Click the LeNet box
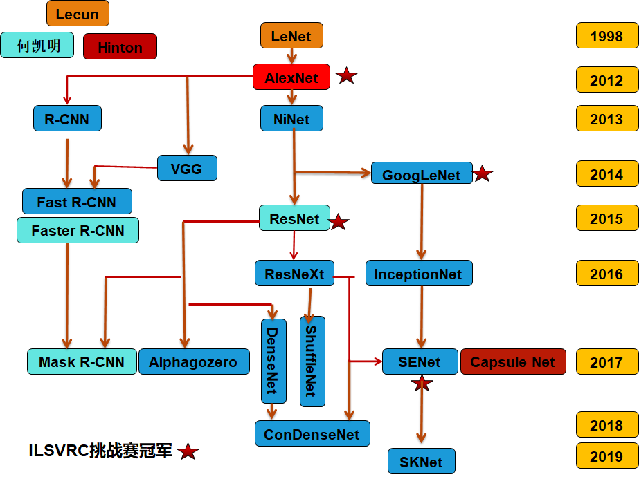[291, 36]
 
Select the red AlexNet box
[291, 78]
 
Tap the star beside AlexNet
[346, 76]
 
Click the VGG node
[187, 168]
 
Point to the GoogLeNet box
[421, 175]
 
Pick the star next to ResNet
[338, 222]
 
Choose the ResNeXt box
[294, 274]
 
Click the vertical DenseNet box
[273, 360]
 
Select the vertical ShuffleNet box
[312, 360]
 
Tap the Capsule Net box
[512, 361]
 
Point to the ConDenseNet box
[312, 434]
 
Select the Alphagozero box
[193, 361]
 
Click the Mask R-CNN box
[82, 361]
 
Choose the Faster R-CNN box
[78, 231]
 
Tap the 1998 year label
[606, 36]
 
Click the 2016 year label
[606, 274]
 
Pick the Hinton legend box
[120, 47]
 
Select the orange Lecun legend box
[78, 14]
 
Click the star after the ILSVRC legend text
[188, 452]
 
